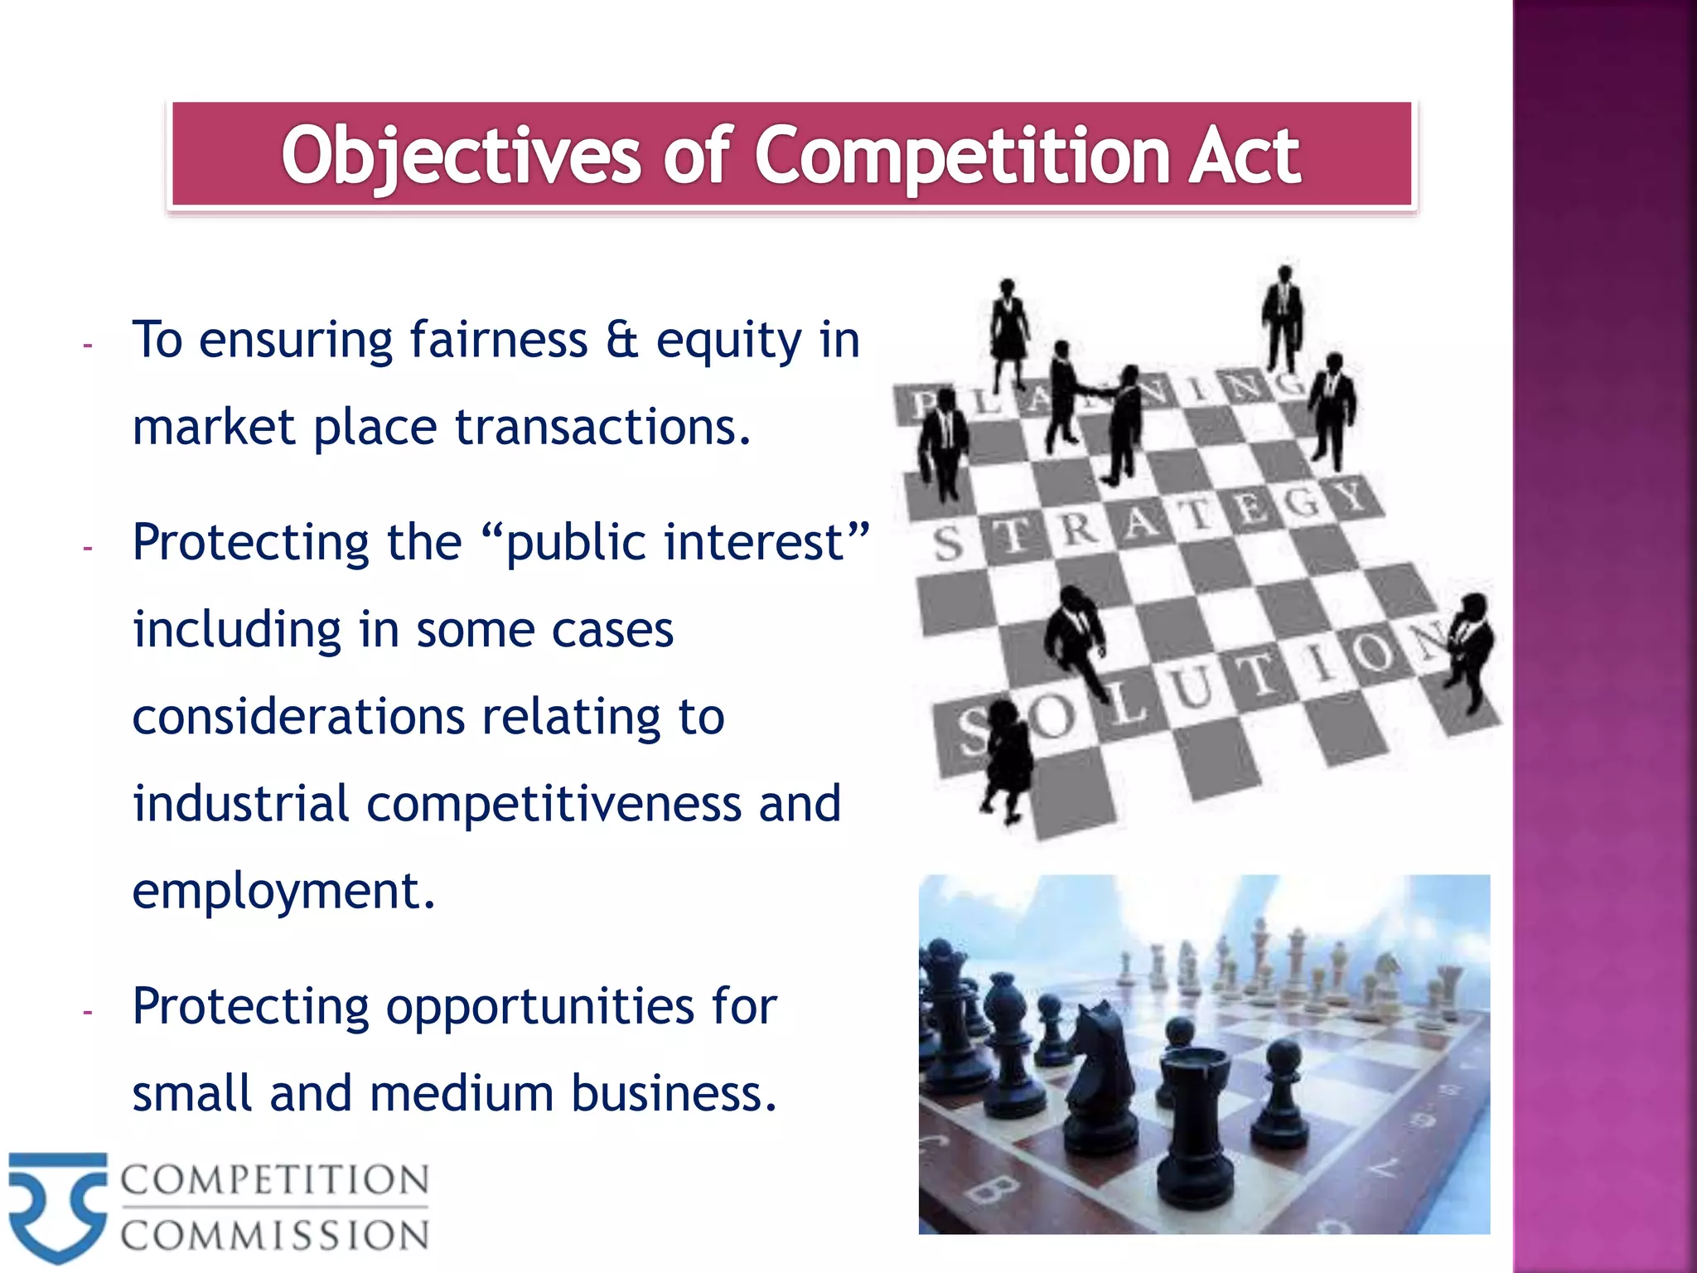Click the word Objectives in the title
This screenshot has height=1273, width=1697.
tap(460, 156)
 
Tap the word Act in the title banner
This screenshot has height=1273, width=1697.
tap(1244, 156)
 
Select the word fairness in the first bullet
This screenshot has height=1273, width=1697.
tap(498, 340)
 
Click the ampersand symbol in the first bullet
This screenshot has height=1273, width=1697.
tap(621, 340)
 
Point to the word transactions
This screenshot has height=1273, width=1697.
tap(602, 428)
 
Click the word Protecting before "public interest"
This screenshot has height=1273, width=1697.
tap(249, 543)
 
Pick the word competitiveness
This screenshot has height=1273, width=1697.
tap(554, 804)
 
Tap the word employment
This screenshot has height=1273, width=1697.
tap(283, 892)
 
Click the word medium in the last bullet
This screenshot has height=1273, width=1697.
tap(462, 1094)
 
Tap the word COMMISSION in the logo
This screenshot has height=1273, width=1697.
tap(274, 1236)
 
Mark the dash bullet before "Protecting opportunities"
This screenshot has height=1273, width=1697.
tap(87, 1011)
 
